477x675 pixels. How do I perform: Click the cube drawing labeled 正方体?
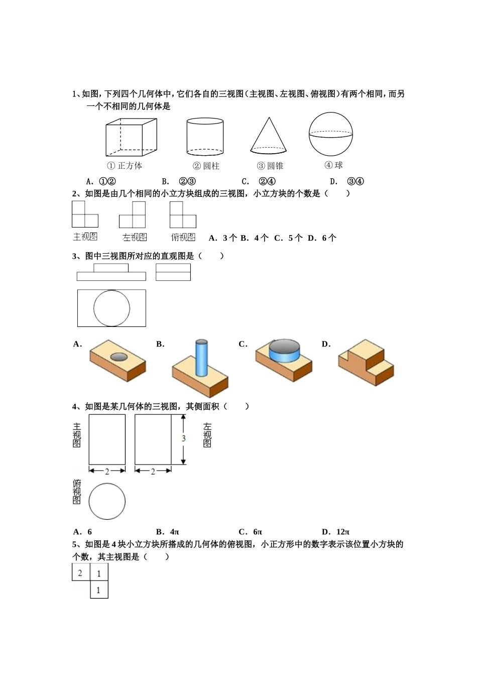pyautogui.click(x=131, y=137)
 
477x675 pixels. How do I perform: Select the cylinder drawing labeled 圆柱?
pyautogui.click(x=205, y=136)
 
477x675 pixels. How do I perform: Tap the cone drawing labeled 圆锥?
pyautogui.click(x=269, y=136)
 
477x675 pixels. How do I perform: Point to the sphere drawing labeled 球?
pyautogui.click(x=331, y=134)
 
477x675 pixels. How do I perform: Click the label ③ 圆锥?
pyautogui.click(x=270, y=166)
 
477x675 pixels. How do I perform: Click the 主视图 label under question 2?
pyautogui.click(x=85, y=237)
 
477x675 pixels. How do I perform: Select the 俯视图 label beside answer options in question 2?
pyautogui.click(x=183, y=237)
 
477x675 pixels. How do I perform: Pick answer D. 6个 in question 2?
pyautogui.click(x=322, y=238)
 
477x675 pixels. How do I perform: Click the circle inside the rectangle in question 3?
pyautogui.click(x=111, y=308)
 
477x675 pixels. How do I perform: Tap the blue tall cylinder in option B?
pyautogui.click(x=201, y=357)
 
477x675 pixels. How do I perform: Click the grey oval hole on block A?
pyautogui.click(x=118, y=357)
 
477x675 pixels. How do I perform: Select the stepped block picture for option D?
pyautogui.click(x=366, y=362)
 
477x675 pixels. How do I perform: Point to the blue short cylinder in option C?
pyautogui.click(x=284, y=351)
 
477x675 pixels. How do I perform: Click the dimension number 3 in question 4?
pyautogui.click(x=183, y=438)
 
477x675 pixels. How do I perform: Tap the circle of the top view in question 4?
pyautogui.click(x=107, y=501)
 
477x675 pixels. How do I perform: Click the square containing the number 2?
pyautogui.click(x=80, y=573)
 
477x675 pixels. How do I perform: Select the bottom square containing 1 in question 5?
pyautogui.click(x=99, y=590)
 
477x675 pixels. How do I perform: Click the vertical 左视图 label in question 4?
pyautogui.click(x=207, y=435)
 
